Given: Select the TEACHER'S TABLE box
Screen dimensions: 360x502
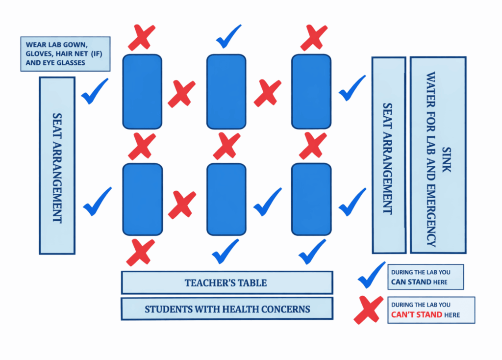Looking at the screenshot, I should point(226,283).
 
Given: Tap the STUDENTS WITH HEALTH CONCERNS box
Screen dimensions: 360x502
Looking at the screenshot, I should point(226,309).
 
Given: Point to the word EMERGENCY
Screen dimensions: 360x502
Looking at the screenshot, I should point(431,215).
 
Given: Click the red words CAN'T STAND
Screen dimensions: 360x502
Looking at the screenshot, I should point(416,314).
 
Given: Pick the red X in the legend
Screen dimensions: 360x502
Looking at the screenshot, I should point(368,309).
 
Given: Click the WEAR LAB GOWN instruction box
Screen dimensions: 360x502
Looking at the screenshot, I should point(65,53).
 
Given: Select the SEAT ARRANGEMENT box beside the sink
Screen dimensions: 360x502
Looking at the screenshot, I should point(388,155).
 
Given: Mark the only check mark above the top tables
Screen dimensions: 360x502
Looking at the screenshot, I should point(228,36).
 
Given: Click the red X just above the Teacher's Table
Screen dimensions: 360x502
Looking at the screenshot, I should point(140,252).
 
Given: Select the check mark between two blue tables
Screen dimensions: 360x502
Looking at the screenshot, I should point(267,201).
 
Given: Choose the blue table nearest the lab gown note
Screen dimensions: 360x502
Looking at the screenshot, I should point(142,92).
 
